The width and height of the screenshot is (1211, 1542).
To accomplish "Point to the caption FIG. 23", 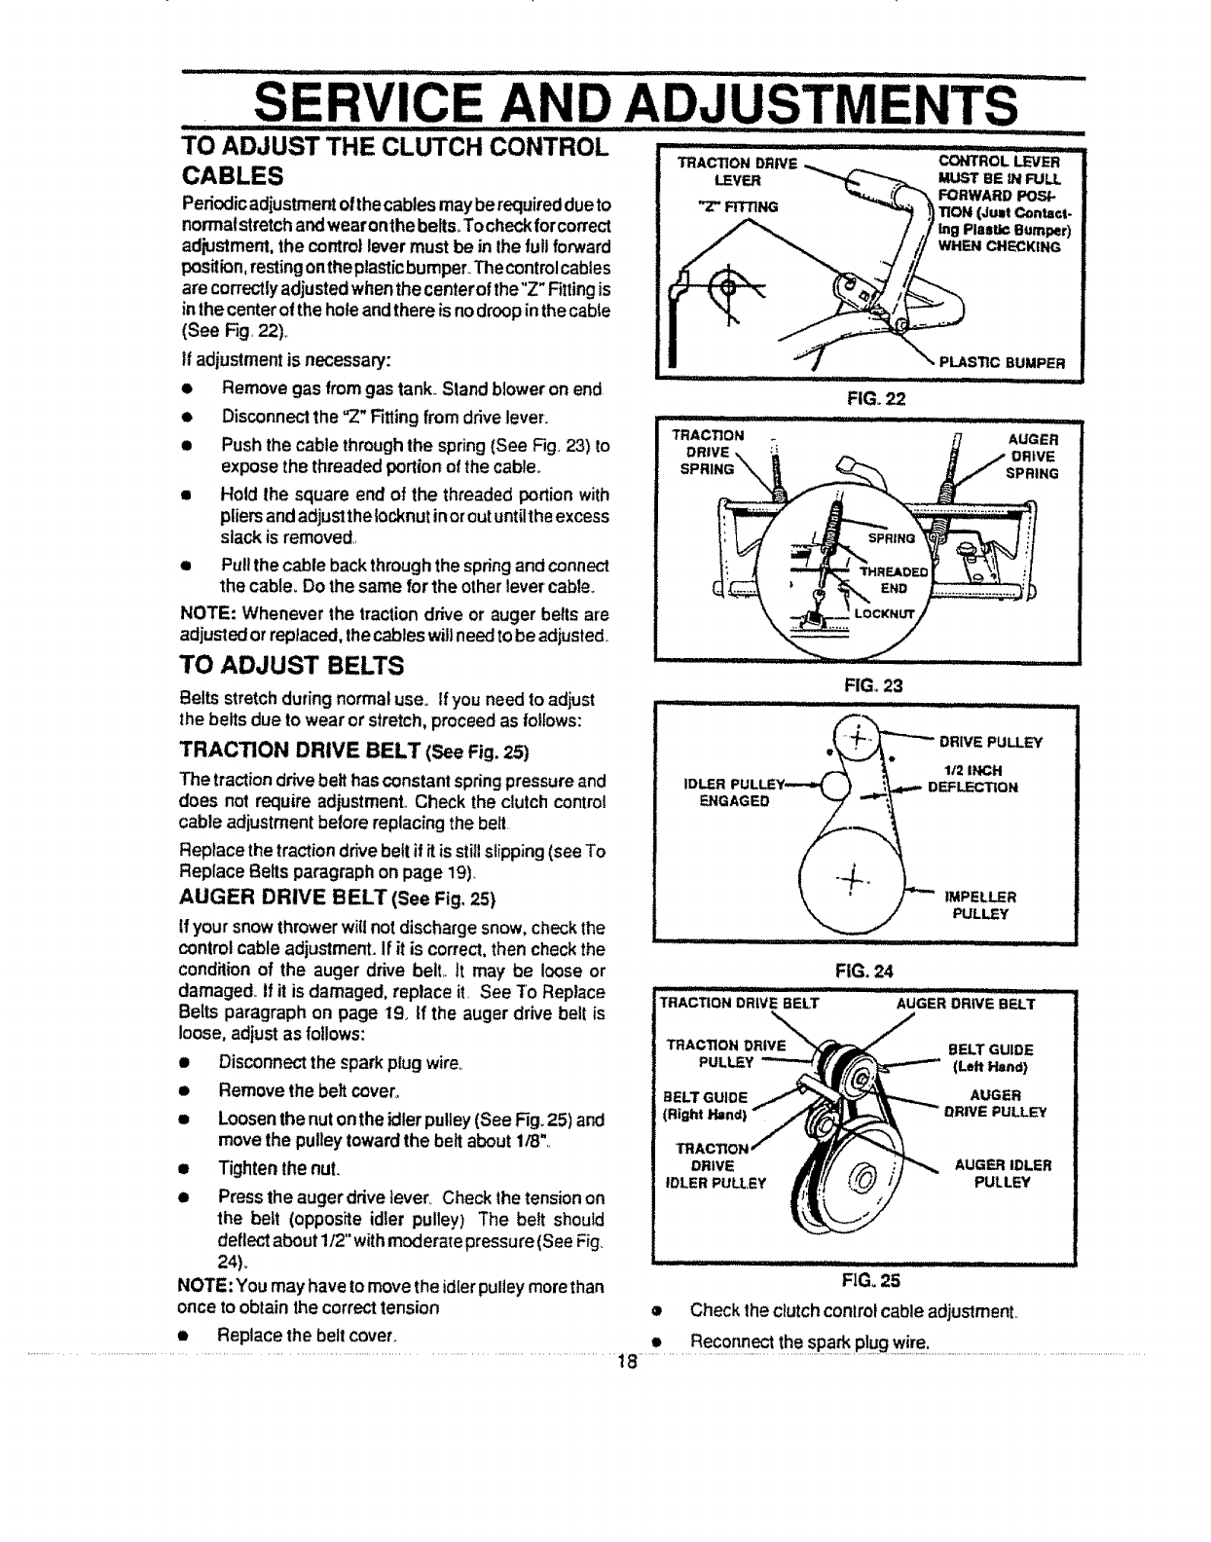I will [x=866, y=684].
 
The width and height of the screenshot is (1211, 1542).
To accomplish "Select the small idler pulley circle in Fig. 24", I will [x=834, y=785].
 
